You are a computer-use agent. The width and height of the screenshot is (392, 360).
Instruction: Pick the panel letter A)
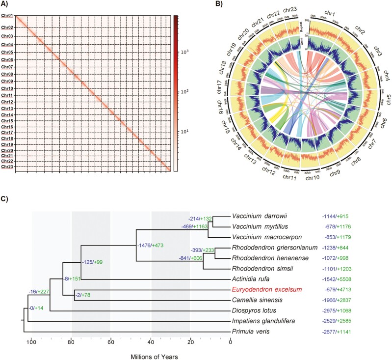pyautogui.click(x=6, y=5)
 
